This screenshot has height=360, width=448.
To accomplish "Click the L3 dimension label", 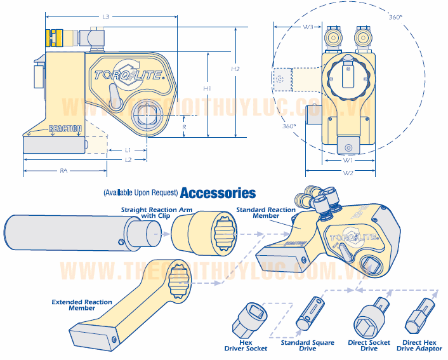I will (106, 17).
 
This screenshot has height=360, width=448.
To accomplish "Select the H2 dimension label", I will (235, 69).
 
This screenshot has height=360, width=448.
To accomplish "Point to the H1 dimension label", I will (207, 88).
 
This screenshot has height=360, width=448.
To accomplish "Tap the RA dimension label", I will (64, 170).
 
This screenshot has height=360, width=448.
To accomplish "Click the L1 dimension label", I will (128, 150).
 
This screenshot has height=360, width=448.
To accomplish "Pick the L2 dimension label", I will (128, 160).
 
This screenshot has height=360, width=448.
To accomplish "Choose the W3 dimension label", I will (308, 27).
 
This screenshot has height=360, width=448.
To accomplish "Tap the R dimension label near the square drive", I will (184, 126).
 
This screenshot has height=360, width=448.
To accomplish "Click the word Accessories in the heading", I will (218, 193).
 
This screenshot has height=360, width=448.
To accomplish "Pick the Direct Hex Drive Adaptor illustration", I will (418, 316).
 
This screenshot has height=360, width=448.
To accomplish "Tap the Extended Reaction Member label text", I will (82, 305).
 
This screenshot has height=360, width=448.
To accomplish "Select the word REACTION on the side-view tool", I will (65, 129).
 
